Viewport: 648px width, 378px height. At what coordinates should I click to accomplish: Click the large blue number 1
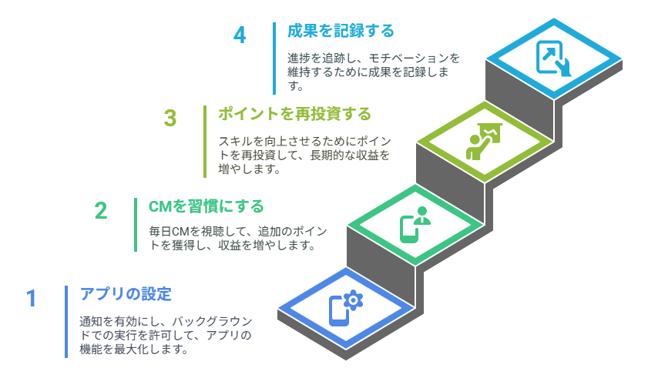32,298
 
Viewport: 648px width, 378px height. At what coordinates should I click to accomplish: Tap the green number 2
101,211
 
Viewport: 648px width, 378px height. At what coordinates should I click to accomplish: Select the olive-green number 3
170,118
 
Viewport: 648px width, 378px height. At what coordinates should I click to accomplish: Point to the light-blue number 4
240,35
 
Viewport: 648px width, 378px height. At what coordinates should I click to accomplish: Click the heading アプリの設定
126,294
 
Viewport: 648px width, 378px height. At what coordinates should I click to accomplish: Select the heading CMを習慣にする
206,206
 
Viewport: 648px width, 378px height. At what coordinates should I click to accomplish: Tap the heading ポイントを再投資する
294,114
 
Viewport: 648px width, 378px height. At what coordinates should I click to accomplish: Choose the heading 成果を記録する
341,31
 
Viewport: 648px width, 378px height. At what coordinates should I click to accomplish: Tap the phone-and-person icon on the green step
415,224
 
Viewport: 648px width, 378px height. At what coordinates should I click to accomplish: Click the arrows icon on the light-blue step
554,59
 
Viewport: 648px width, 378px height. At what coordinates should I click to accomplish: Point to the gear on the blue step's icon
353,300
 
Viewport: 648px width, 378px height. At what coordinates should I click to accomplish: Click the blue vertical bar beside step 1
66,321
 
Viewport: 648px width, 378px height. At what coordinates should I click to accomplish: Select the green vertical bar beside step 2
136,225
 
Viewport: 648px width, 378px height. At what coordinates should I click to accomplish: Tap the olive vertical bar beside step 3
205,142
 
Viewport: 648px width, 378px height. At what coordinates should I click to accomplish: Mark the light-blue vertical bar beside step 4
274,59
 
